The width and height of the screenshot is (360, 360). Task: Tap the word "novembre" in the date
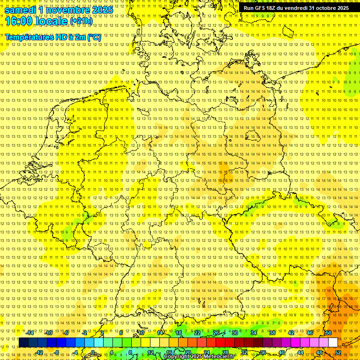pyautogui.click(x=66, y=10)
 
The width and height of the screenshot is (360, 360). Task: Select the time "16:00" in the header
pyautogui.click(x=19, y=21)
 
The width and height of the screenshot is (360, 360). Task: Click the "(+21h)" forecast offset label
pyautogui.click(x=81, y=21)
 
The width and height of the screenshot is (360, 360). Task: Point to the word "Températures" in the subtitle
pyautogui.click(x=28, y=37)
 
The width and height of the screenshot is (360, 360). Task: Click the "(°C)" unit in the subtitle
pyautogui.click(x=94, y=37)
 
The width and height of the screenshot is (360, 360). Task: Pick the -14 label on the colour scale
pyautogui.click(x=30, y=333)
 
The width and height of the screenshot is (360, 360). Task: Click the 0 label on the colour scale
pyautogui.click(x=93, y=352)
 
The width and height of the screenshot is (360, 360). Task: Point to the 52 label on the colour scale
pyautogui.click(x=338, y=352)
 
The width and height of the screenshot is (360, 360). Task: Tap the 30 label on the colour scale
pyautogui.click(x=235, y=333)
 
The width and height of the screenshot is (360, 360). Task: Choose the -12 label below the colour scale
pyautogui.click(x=39, y=352)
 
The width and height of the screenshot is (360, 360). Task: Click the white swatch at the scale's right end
pyautogui.click(x=333, y=343)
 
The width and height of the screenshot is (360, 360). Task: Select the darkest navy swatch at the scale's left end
pyautogui.click(x=23, y=343)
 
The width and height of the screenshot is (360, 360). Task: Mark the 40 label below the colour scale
pyautogui.click(x=282, y=352)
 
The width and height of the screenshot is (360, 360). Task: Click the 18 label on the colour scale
pyautogui.click(x=179, y=333)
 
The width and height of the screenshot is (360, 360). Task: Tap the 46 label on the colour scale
pyautogui.click(x=310, y=333)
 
